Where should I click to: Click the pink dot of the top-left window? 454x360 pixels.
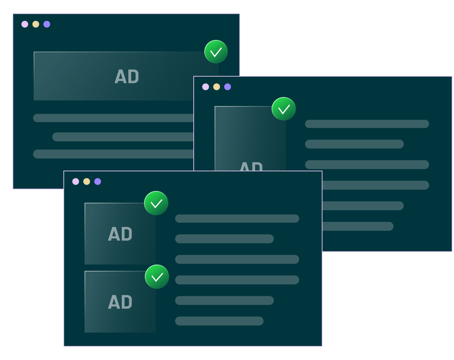point(25,24)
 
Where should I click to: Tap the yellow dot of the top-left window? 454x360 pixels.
point(36,24)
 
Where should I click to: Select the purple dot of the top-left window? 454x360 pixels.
point(47,24)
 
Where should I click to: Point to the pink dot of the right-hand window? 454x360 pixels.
point(205,87)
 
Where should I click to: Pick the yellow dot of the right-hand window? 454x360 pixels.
point(216,87)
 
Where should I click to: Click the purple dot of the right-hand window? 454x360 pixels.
point(227,87)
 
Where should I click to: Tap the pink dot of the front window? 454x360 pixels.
point(76,182)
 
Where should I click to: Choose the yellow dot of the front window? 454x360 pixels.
point(86,182)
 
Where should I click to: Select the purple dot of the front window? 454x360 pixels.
point(97,182)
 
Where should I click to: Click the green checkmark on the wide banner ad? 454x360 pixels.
point(216,52)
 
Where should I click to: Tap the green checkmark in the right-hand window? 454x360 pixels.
point(284,109)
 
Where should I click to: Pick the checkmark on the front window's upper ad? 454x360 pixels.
point(156,203)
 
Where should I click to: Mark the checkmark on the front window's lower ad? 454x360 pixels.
point(157,277)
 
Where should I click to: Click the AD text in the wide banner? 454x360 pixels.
point(127,77)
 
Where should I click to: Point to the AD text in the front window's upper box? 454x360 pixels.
point(120,234)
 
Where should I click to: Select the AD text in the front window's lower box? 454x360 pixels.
point(120,302)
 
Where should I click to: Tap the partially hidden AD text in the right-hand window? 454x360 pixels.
point(251,166)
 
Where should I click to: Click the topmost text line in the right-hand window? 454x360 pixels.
point(367,124)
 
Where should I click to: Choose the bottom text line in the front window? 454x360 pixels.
point(219,321)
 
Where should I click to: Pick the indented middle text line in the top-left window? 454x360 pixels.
point(123,137)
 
